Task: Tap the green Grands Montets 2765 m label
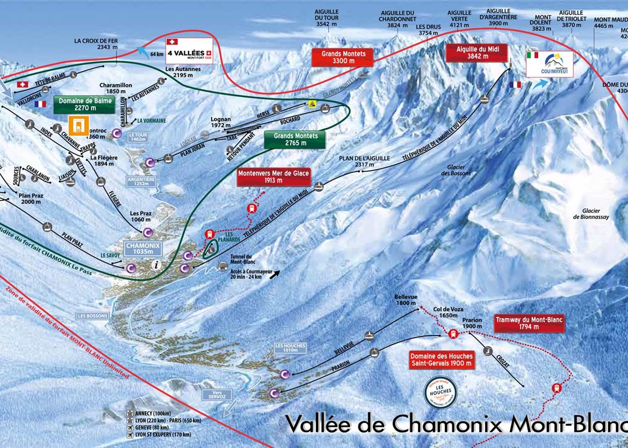295,139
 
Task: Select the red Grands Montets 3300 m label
343,57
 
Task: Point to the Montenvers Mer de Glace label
273,177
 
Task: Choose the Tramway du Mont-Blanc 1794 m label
528,323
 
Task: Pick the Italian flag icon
532,55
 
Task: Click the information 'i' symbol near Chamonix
156,265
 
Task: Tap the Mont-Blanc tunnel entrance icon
222,266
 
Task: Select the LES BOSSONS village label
92,316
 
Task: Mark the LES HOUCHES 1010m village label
290,348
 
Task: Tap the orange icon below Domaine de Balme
79,125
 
